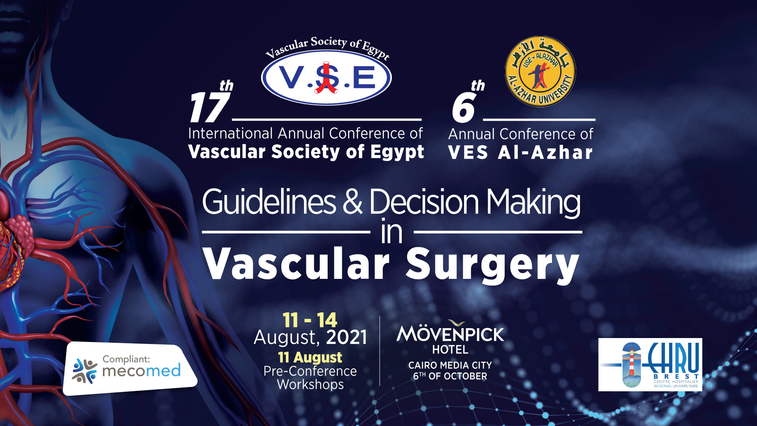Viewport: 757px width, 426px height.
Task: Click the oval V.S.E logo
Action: (326, 77)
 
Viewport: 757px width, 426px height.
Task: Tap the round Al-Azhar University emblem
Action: (540, 71)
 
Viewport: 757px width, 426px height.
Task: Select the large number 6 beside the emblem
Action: (464, 108)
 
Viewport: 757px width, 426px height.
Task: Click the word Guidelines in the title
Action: (269, 202)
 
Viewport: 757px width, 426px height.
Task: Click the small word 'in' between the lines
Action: (392, 232)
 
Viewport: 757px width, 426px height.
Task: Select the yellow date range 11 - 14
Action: (310, 320)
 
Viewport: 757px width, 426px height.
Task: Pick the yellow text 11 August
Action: (310, 357)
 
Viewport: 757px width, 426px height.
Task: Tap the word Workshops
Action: (310, 384)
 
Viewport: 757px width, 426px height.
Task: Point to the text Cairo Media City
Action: (450, 365)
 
